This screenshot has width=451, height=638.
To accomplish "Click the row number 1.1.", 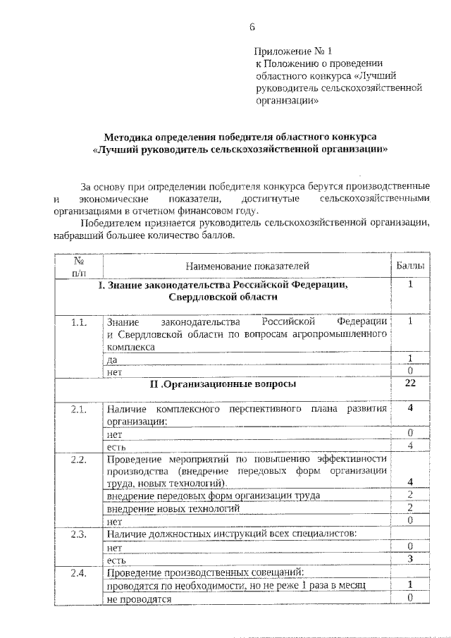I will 79,322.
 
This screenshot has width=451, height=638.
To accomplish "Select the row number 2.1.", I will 79,410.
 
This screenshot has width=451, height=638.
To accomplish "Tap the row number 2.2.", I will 79,460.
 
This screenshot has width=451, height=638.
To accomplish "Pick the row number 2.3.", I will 79,534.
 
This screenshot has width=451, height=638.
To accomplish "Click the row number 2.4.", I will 79,573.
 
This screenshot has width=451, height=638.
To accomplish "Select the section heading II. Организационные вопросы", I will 223,384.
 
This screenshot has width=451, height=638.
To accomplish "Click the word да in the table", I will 112,360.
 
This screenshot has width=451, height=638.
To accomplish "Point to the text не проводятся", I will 139,599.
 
